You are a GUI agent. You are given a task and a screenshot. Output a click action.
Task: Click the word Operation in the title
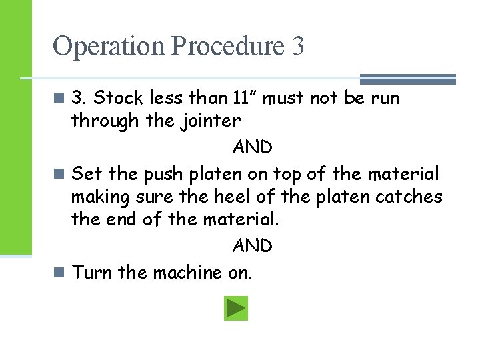(x=109, y=47)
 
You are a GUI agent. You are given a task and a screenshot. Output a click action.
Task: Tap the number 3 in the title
(x=297, y=47)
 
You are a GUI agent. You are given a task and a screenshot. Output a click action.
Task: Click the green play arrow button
(x=236, y=309)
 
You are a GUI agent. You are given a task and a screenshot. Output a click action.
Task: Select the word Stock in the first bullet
(x=119, y=99)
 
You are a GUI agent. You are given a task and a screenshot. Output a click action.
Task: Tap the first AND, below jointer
(x=252, y=147)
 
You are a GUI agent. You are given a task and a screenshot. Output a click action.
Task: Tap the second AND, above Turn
(x=252, y=246)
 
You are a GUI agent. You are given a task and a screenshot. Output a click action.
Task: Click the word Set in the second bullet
(x=87, y=174)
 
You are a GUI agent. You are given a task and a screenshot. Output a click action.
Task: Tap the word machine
(x=187, y=273)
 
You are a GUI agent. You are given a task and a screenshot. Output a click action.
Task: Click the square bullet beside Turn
(x=59, y=273)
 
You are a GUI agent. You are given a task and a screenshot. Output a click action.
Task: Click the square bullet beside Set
(x=59, y=174)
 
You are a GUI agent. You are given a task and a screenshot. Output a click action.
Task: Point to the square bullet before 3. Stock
(x=59, y=99)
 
